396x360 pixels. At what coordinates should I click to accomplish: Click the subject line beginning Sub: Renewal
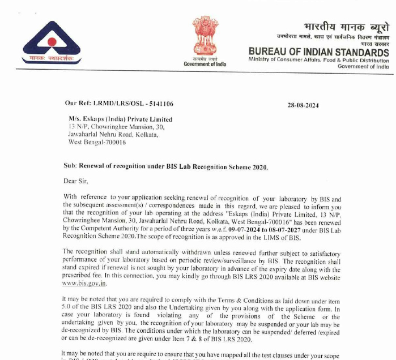coord(165,167)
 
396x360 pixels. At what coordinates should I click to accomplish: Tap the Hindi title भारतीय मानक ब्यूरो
coord(346,27)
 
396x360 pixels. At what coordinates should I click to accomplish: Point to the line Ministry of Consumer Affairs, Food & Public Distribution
coord(319,60)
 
